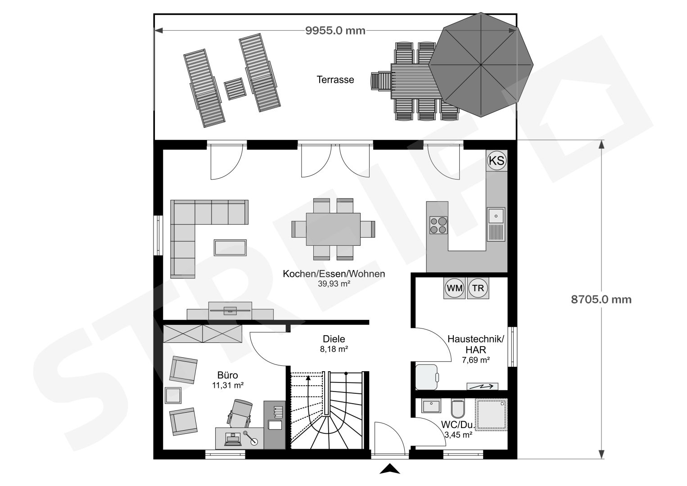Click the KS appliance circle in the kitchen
pos(497,160)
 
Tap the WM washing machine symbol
pos(455,288)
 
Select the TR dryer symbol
pos(478,288)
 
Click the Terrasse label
pos(335,80)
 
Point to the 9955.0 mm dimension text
pos(335,31)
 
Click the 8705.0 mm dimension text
pos(601,300)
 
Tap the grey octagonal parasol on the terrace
pos(481,65)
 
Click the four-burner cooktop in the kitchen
pos(438,225)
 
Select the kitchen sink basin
pos(496,216)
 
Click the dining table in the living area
pos(333,229)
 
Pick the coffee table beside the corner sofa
pos(230,248)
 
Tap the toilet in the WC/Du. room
pos(458,409)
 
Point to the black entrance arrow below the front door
pos(390,469)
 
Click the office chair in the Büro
pos(240,414)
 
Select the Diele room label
pos(334,339)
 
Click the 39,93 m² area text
pos(334,283)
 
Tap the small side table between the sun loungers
pos(235,89)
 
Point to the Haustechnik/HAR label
pos(476,344)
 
